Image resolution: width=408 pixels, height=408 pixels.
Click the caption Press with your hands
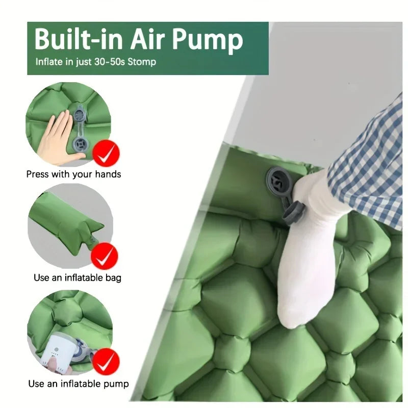pos(73,174)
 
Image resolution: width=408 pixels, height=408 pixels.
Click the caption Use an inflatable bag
pos(78,278)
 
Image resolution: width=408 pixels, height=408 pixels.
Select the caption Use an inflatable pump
pos(78,384)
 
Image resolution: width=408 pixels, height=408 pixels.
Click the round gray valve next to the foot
pos(278,181)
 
